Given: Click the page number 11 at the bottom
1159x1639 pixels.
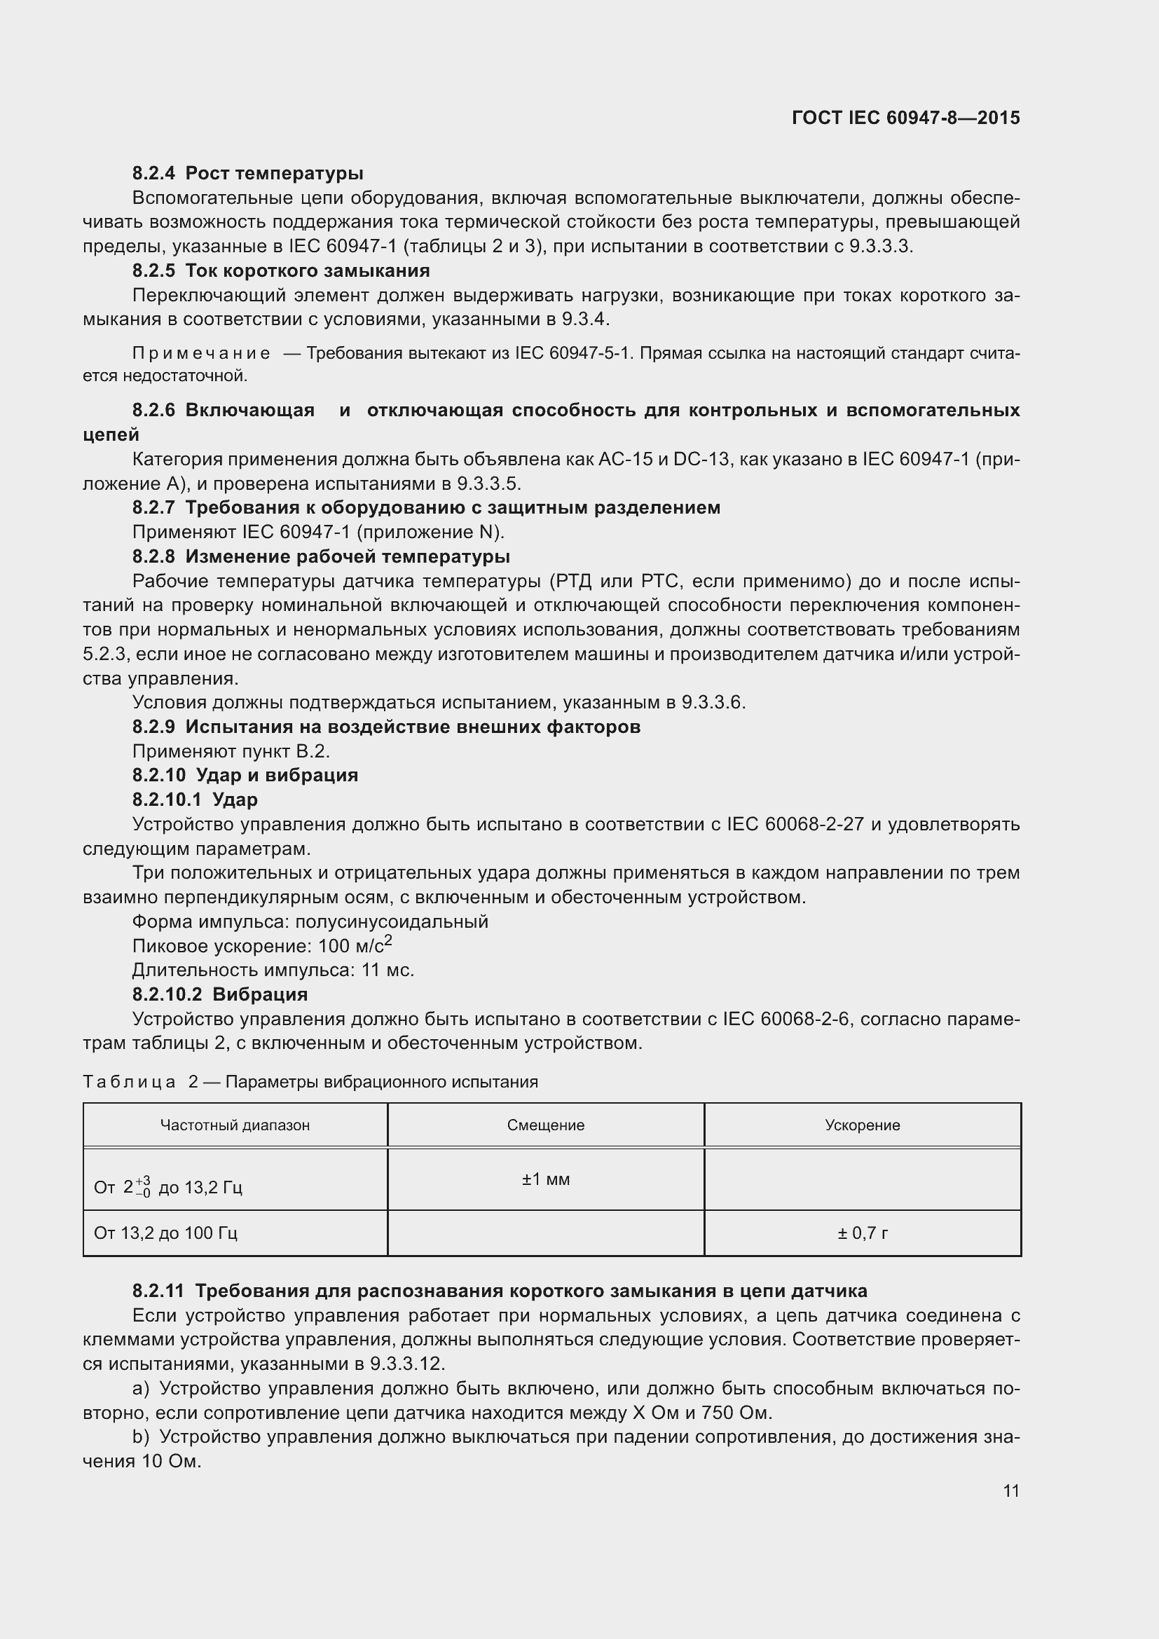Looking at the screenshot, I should coord(1010,1490).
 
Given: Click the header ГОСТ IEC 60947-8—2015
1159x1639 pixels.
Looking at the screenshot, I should coord(905,118).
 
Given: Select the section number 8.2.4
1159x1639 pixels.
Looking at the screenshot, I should coord(153,174).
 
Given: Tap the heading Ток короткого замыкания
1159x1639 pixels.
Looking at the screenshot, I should coord(307,270).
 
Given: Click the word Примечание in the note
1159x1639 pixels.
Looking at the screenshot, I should coord(201,353).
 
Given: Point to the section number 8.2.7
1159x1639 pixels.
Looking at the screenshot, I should coord(153,507).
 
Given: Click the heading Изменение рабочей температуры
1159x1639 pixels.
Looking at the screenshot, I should coord(347,556).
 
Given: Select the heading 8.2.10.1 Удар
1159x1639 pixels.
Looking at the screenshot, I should coord(195,800).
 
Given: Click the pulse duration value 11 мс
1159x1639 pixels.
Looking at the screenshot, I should coord(388,970).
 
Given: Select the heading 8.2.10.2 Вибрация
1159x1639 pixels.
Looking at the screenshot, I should coord(220,994).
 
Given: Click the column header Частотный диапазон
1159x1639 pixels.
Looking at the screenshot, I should coord(235,1126).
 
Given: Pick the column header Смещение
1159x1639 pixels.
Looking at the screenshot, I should coord(545,1126).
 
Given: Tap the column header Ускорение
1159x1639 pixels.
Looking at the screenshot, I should coord(862,1126).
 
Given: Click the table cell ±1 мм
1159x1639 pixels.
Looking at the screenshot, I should coord(545,1179).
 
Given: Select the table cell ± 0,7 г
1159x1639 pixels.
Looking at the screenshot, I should coord(862,1233).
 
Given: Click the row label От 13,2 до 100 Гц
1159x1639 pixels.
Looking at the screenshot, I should coord(165,1233).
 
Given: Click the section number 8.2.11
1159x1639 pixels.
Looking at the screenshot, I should coord(158,1291).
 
